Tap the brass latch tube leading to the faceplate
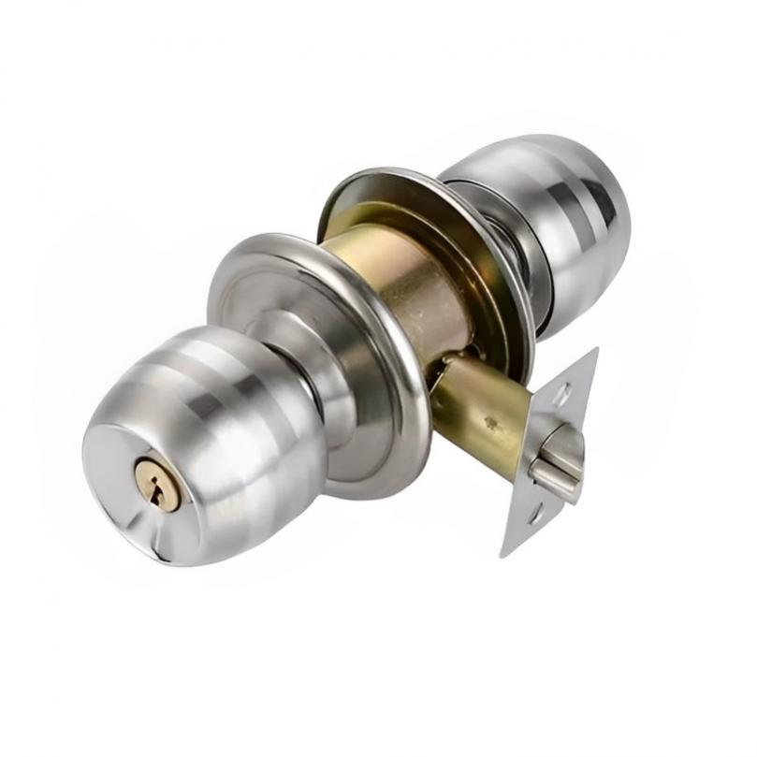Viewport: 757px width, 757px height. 477,412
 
